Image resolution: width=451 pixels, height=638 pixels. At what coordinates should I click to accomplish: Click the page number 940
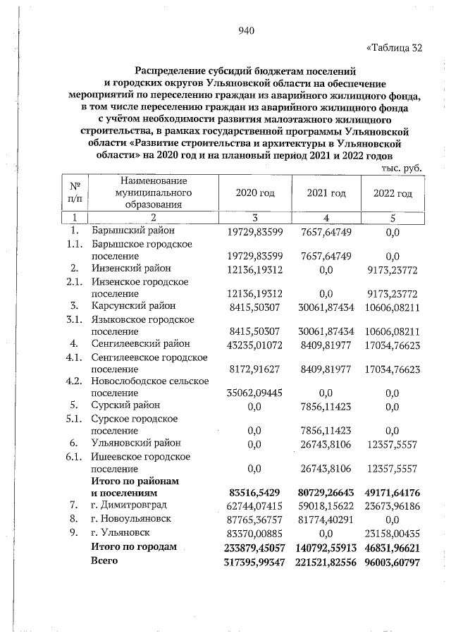point(246,30)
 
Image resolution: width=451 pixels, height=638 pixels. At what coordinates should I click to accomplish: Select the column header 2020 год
point(255,193)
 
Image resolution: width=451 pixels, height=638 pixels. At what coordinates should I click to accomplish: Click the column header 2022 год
point(393,193)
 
